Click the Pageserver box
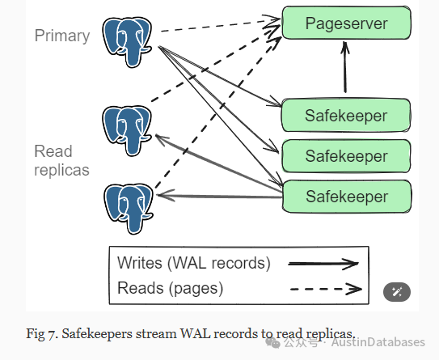(346, 23)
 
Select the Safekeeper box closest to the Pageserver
(346, 115)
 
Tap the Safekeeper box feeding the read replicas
(347, 196)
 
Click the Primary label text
(62, 36)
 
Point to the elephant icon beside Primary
(128, 42)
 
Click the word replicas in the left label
(61, 170)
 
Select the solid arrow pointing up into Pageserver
(345, 66)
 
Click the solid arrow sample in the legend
(323, 264)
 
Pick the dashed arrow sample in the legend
(326, 289)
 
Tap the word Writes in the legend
(140, 263)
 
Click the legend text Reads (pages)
(171, 288)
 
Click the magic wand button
(397, 292)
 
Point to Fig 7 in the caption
(40, 333)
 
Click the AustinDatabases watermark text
(378, 342)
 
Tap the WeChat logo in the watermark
(272, 342)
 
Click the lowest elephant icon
(129, 209)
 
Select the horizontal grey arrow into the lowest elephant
(220, 196)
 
